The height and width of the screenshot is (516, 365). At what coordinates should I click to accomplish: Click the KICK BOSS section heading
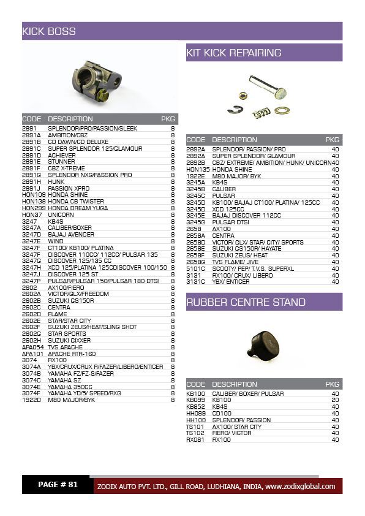coord(49,31)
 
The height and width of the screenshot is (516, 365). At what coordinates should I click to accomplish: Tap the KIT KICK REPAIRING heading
coord(233,53)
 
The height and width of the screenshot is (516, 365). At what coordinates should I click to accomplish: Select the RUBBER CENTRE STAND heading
coord(246,302)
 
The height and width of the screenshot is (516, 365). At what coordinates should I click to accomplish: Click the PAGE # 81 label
coord(58,485)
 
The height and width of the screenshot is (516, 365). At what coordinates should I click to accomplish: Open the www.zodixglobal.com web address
coord(300,487)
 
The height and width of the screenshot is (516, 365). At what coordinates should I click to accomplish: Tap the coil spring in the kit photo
coord(262,113)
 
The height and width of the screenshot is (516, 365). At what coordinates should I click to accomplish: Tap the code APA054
coord(32,347)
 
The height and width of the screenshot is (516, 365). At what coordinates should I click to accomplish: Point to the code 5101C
coord(195,268)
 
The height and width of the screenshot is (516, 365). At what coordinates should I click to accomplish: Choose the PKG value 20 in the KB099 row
coord(334,400)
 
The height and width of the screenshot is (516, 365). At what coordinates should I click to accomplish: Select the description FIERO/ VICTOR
coord(233,433)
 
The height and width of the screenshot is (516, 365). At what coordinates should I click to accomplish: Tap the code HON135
coord(198,169)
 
